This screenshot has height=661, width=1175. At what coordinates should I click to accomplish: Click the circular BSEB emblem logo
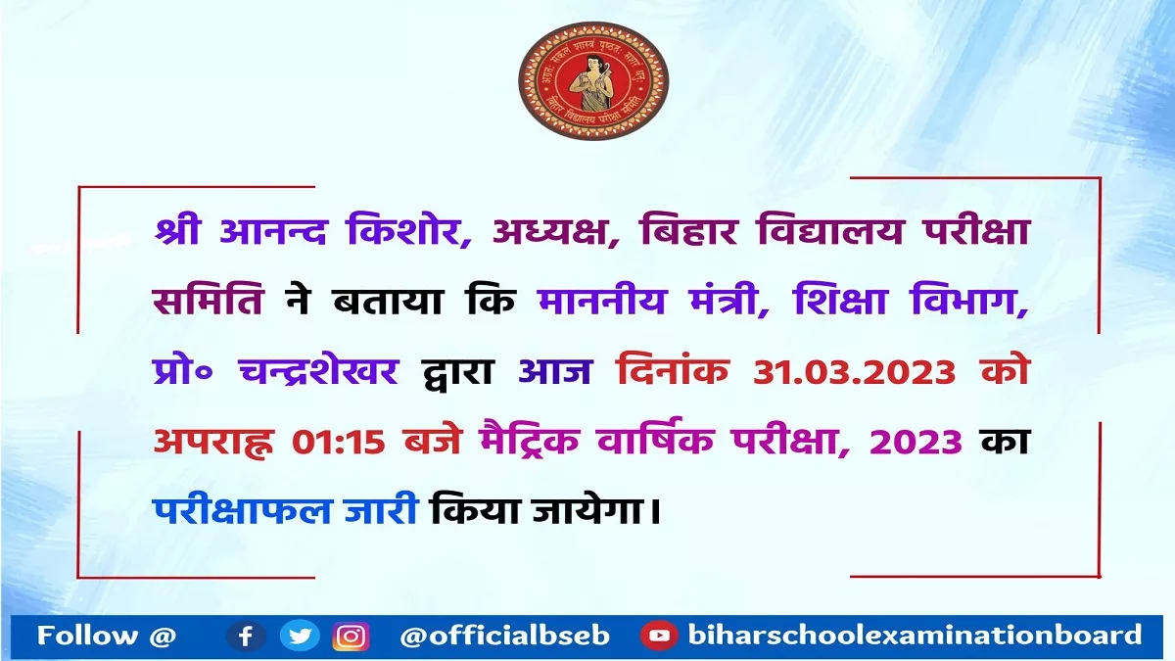tap(593, 80)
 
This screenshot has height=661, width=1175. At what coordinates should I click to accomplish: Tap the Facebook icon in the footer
tap(246, 637)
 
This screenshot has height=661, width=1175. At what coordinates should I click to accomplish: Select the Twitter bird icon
tap(300, 636)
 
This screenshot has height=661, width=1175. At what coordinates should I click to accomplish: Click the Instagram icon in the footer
tap(351, 637)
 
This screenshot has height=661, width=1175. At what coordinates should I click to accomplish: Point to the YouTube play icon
tap(659, 637)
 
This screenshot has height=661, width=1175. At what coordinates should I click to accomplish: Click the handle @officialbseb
tap(504, 637)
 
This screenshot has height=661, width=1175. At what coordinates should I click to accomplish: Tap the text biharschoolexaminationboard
tap(915, 635)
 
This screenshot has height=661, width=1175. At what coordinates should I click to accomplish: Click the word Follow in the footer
tap(87, 636)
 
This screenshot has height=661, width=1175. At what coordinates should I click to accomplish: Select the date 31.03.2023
tap(855, 373)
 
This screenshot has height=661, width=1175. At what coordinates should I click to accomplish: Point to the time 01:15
tap(339, 442)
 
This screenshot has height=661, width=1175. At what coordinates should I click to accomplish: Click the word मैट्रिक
tap(529, 439)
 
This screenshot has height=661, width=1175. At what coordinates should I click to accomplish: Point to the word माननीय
tap(601, 301)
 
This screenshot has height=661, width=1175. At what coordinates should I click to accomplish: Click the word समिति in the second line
tap(209, 301)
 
